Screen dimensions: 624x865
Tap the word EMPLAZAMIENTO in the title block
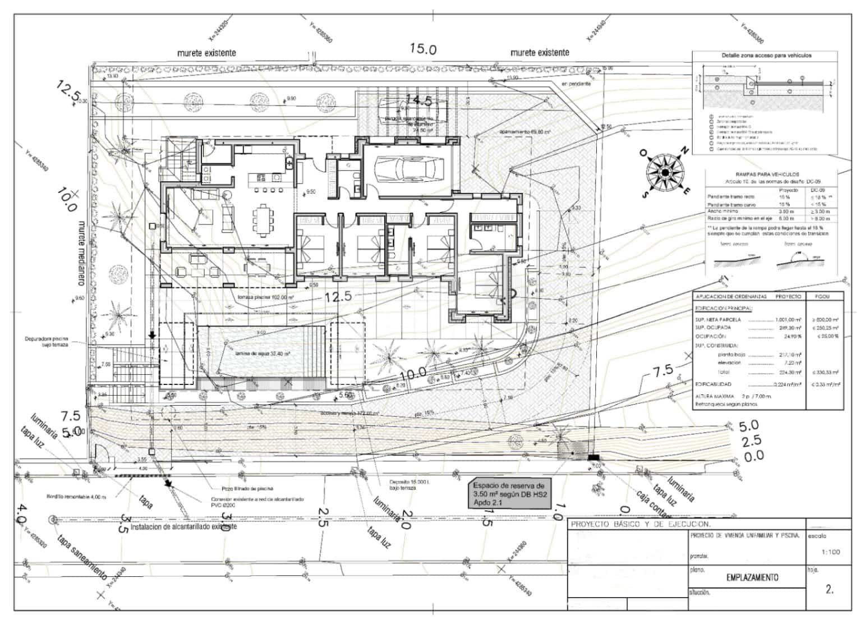click(x=752, y=577)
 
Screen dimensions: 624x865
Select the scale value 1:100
click(x=830, y=552)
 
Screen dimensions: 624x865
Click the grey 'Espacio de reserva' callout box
click(x=509, y=494)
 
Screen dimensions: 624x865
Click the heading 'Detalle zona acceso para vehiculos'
click(x=766, y=56)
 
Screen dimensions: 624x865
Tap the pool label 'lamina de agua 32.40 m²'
click(x=257, y=354)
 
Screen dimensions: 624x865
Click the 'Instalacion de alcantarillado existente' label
click(x=183, y=527)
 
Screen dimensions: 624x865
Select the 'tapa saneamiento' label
click(x=82, y=557)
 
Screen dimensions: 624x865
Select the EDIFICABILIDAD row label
click(x=713, y=385)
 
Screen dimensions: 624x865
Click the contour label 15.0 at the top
click(x=423, y=49)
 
